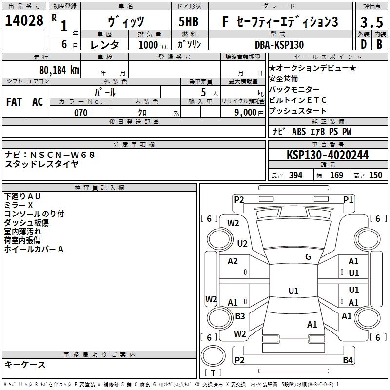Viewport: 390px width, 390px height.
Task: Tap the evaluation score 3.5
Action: [x=370, y=22]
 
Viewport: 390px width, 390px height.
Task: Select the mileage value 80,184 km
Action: [x=59, y=70]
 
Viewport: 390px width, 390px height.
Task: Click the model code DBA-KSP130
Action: [x=279, y=45]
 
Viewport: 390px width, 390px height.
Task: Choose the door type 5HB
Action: [x=188, y=22]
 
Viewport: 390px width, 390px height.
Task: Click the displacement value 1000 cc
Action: [x=152, y=45]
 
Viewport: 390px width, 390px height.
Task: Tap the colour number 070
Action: [x=80, y=113]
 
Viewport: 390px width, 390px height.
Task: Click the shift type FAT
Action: [x=14, y=102]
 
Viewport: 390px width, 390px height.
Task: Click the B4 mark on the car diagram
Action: [x=347, y=360]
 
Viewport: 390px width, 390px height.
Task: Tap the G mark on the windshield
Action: [x=308, y=257]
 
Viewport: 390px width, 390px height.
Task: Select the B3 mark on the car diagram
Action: [x=240, y=316]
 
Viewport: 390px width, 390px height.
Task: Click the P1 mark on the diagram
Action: [x=348, y=199]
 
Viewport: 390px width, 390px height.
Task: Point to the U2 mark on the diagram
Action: [x=242, y=244]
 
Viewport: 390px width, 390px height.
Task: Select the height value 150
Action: [x=375, y=175]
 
